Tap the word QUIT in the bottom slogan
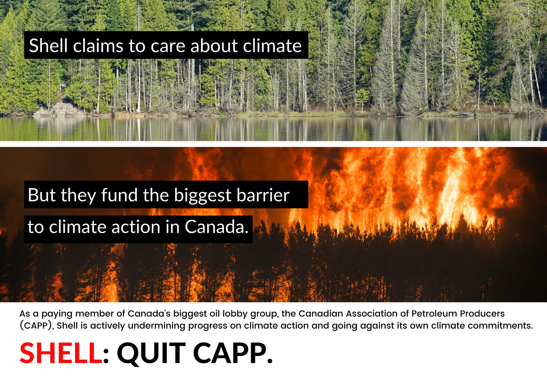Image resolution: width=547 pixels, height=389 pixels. (x=151, y=354)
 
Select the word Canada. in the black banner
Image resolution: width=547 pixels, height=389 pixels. (x=217, y=227)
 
